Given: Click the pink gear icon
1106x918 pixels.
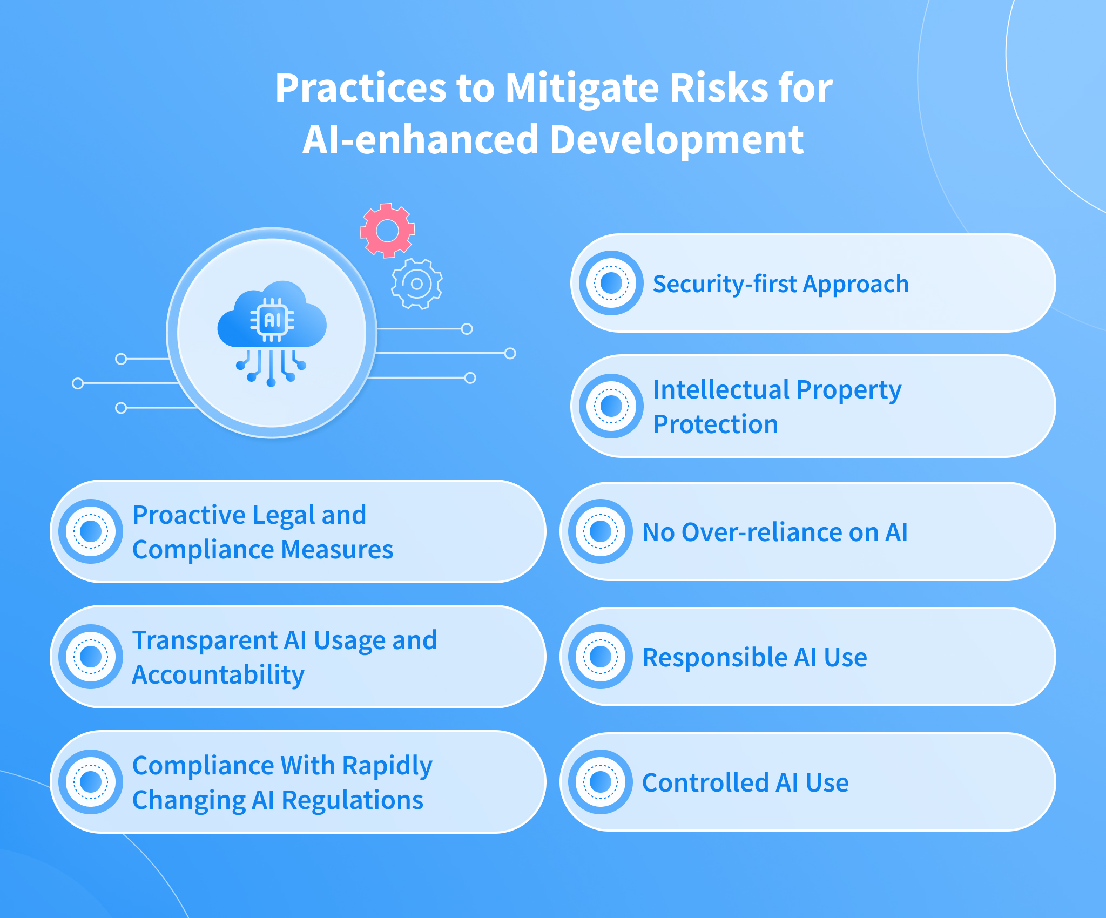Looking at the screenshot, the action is (x=387, y=231).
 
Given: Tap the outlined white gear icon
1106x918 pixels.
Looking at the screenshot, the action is (x=417, y=283).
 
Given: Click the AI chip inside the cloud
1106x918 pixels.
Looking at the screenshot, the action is (x=272, y=320).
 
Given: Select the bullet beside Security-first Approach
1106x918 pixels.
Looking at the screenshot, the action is (x=611, y=282).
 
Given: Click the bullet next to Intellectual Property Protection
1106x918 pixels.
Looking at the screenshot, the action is (x=611, y=406).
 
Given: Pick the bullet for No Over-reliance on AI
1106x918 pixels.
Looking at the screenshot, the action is (x=600, y=531).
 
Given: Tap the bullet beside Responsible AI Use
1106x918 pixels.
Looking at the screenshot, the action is (x=600, y=657).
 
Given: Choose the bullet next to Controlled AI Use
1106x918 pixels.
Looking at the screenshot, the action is (x=600, y=781).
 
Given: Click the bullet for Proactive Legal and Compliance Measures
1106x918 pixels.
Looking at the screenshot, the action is (x=91, y=531).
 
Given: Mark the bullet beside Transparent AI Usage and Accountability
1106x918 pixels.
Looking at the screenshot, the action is (x=91, y=657).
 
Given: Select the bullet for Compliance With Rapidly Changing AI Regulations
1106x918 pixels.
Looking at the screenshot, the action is (x=91, y=781).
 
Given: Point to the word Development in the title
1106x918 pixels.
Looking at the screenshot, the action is (x=677, y=139).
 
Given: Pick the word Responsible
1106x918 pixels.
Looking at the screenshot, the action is (x=715, y=658).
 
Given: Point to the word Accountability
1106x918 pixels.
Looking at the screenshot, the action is (x=218, y=675).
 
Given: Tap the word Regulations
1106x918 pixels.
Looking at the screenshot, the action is (x=353, y=800).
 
